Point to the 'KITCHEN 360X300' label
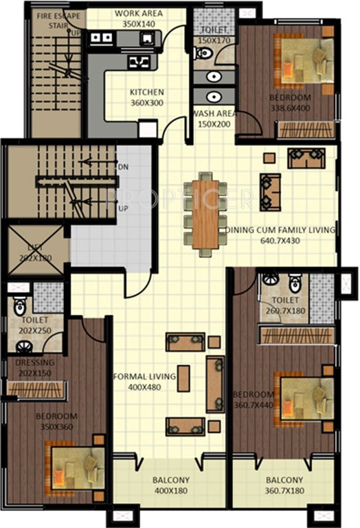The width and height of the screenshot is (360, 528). click(147, 98)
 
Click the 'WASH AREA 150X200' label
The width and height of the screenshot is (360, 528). click(214, 119)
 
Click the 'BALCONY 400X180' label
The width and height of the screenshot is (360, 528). click(172, 485)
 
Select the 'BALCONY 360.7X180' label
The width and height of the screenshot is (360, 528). click(283, 485)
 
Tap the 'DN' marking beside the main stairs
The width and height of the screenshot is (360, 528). click(122, 167)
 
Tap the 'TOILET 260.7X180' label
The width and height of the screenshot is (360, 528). click(284, 306)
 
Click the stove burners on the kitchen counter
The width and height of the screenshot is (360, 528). click(140, 62)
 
